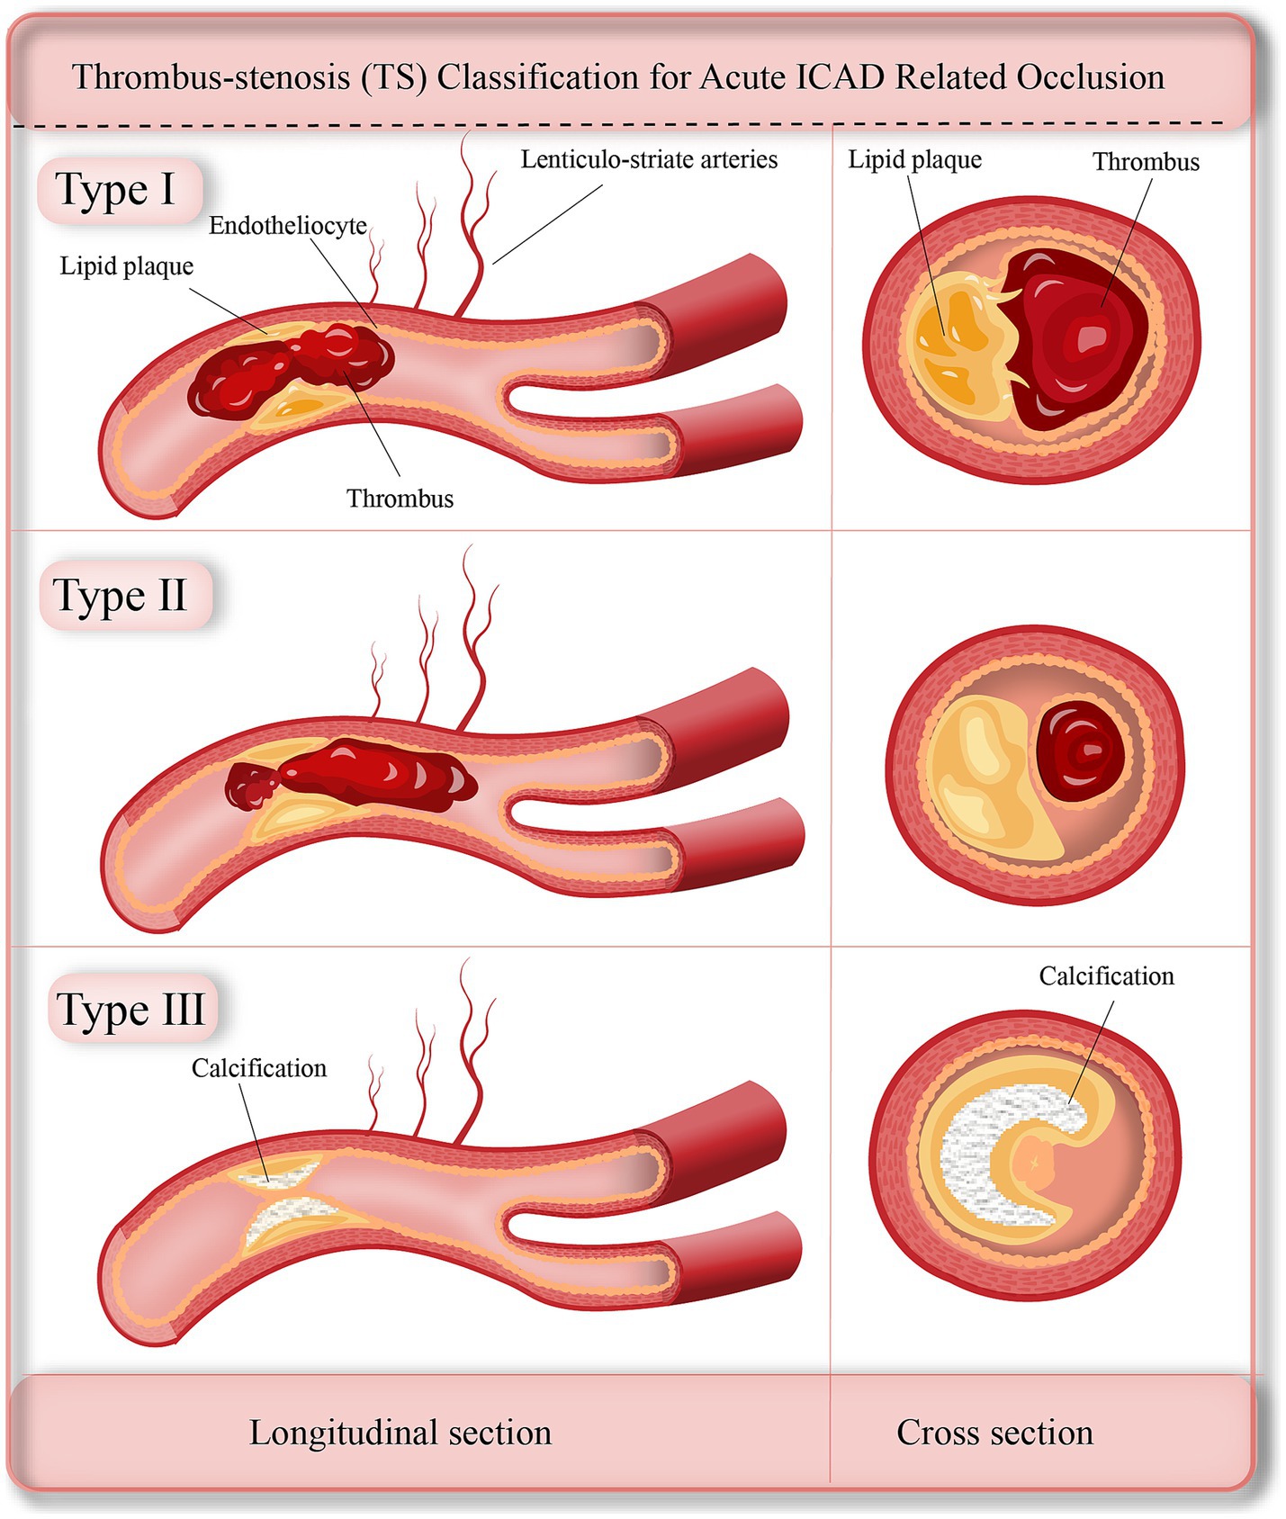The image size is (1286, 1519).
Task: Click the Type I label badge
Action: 117,190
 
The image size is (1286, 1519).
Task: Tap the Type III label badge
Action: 131,1009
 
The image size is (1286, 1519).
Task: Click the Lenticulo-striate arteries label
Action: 648,160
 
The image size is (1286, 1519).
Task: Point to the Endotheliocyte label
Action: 288,226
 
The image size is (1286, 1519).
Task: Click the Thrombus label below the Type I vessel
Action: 400,499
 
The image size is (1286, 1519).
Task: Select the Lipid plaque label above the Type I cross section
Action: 914,160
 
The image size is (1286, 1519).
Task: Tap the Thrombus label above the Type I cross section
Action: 1146,162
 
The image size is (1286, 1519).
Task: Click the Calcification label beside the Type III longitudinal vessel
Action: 259,1068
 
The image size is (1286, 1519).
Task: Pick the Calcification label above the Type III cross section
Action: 1106,976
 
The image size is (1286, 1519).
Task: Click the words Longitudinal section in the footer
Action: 400,1433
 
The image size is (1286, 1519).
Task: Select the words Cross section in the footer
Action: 994,1433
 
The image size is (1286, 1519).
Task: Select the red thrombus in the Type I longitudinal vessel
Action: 288,369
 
